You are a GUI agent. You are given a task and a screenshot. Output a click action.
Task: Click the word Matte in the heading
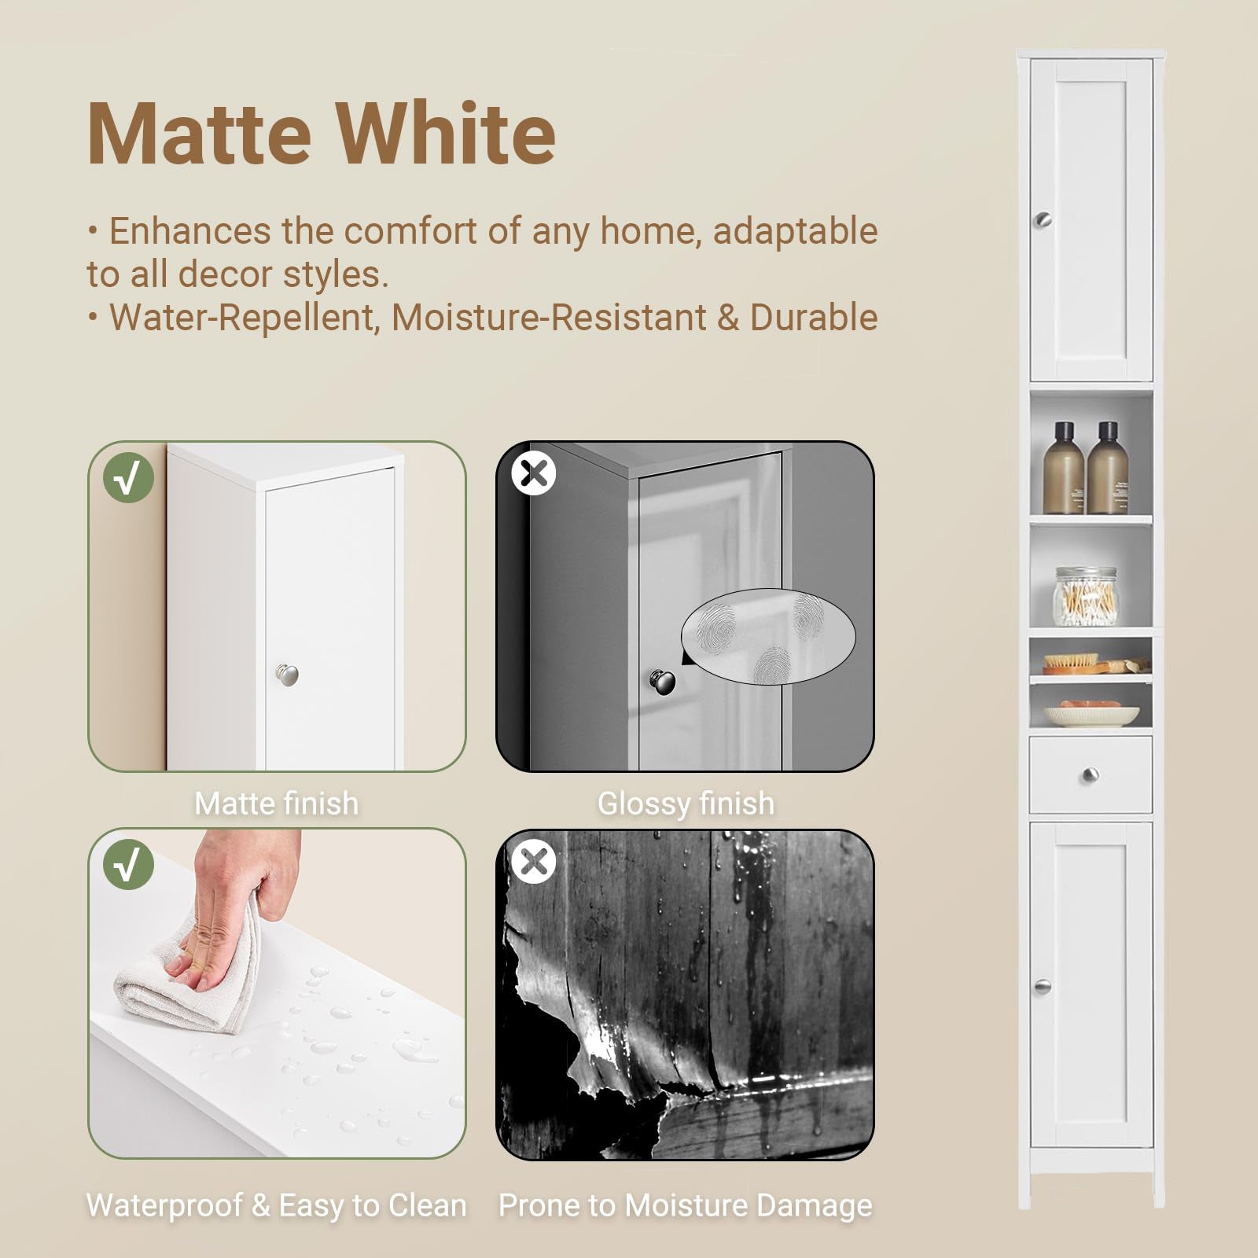pos(199,134)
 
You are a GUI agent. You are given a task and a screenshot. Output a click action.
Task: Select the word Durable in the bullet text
pos(814,317)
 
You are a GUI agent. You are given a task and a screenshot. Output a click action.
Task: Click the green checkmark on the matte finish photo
pos(128,477)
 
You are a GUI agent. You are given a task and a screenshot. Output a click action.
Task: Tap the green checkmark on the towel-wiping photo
pos(128,864)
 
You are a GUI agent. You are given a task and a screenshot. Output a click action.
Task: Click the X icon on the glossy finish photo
pos(534,473)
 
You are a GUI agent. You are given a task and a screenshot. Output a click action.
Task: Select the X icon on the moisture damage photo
pos(534,861)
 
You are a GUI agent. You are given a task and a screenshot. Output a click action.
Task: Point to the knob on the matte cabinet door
pos(287,675)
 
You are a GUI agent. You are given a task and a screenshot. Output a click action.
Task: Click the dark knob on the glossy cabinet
pos(662,681)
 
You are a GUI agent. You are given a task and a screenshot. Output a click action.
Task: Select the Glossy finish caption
pos(686,804)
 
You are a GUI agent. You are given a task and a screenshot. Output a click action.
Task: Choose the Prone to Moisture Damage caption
pos(686,1205)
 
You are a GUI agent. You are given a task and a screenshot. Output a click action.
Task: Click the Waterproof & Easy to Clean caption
pos(276,1205)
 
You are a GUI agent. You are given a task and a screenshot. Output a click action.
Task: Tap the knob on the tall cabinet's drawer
pos(1090,776)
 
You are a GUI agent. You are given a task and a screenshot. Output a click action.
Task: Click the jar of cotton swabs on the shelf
pos(1085,597)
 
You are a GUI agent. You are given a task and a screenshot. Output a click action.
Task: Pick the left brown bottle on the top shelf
pos(1064,468)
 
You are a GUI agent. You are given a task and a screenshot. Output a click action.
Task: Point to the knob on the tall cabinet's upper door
pos(1043,220)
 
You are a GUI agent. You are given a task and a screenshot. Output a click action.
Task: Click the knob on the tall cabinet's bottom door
pos(1043,987)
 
